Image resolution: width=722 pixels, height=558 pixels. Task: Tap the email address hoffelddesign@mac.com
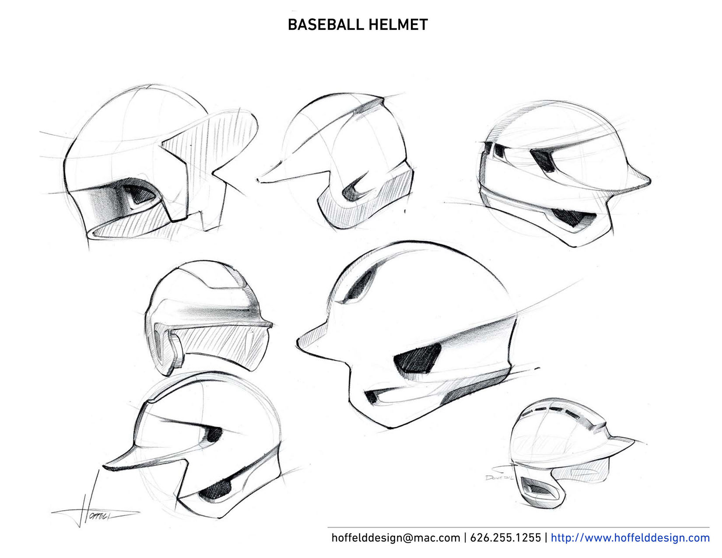(396, 537)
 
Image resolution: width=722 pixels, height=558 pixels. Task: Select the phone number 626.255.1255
(505, 537)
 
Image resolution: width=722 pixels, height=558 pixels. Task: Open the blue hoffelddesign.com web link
(630, 537)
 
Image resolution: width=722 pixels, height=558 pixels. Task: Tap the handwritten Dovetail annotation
(499, 477)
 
